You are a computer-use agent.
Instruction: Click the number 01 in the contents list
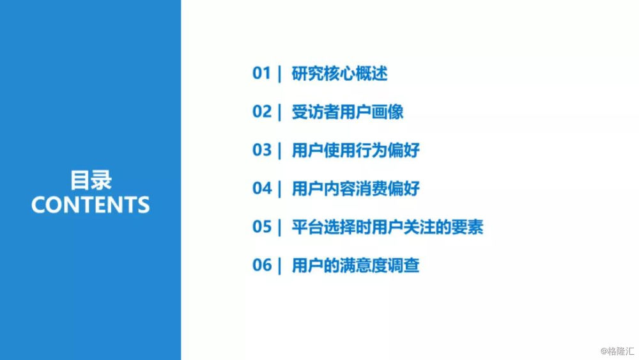(x=261, y=74)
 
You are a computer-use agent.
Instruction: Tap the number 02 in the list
(x=261, y=111)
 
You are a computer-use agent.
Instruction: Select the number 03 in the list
(x=261, y=150)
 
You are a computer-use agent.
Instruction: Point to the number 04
(x=261, y=188)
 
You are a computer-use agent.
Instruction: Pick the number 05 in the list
(x=261, y=227)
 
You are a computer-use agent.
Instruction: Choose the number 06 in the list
(x=261, y=265)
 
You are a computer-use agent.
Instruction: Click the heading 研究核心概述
(x=339, y=74)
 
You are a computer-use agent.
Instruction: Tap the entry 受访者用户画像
(x=348, y=112)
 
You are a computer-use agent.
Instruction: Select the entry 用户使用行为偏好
(x=355, y=150)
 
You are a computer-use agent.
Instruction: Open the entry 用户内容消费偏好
(x=355, y=189)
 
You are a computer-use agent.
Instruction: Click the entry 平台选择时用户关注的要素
(x=387, y=227)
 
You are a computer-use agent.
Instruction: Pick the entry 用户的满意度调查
(x=355, y=265)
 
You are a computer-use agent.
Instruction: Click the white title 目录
(x=91, y=180)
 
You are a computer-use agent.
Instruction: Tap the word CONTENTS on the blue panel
(x=91, y=205)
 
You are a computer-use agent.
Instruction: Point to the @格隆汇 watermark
(x=617, y=351)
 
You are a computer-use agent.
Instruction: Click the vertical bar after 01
(x=280, y=74)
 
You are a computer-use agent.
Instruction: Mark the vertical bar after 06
(x=280, y=266)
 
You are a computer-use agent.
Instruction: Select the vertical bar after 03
(x=280, y=150)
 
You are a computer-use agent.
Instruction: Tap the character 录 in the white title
(x=101, y=180)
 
